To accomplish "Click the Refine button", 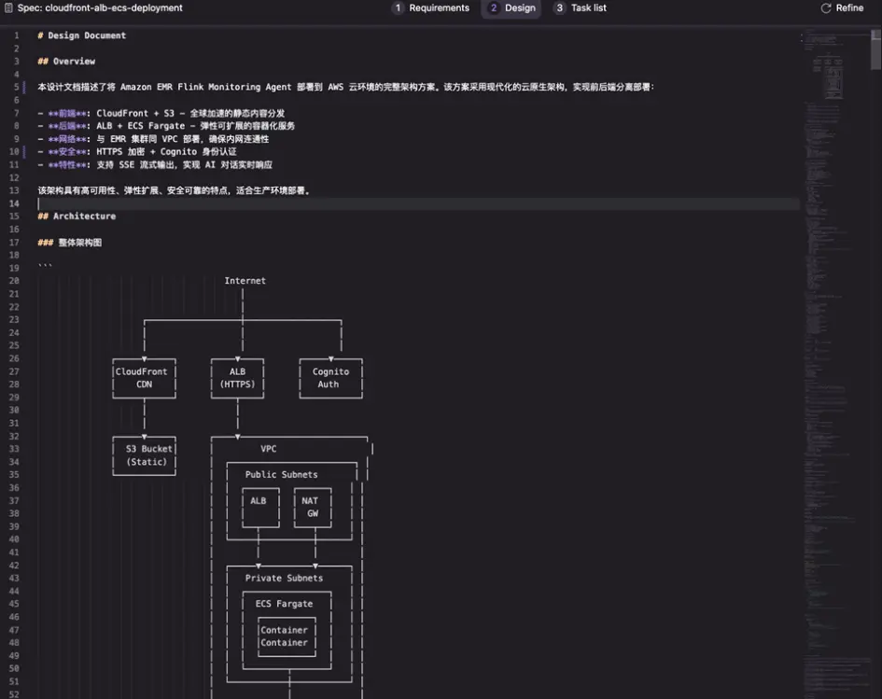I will (842, 8).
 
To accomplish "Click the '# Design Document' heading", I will (82, 35).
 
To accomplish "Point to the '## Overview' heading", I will (66, 62).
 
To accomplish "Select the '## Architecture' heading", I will (77, 217).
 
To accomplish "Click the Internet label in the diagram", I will (245, 281).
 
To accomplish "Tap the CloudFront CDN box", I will (144, 378).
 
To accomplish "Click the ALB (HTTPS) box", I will (237, 378).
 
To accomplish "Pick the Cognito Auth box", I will (330, 378).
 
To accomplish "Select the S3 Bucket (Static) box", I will (144, 455).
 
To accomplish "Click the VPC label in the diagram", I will (268, 449).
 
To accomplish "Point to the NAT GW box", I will (312, 507).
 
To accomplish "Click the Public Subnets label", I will (281, 475).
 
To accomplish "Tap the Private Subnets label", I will (284, 579).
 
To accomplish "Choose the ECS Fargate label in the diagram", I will (284, 604).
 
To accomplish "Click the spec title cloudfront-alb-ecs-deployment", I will (100, 8).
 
